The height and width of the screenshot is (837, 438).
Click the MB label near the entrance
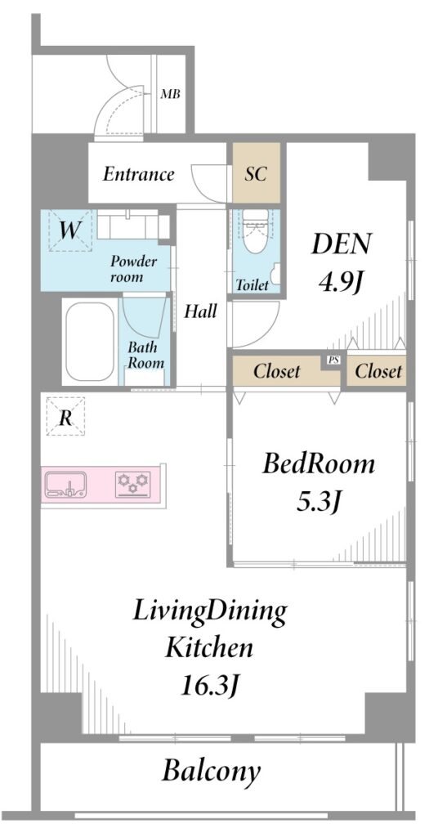[171, 95]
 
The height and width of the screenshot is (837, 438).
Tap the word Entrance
[139, 174]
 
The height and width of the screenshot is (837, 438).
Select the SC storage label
[256, 174]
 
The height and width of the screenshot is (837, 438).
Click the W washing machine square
[69, 231]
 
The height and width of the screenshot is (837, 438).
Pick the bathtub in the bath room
[90, 341]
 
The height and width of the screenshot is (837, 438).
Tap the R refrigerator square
[65, 416]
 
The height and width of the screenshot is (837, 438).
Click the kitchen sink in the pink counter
[65, 484]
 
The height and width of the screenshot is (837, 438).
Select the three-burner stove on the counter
[132, 484]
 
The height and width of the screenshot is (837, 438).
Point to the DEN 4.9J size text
[341, 262]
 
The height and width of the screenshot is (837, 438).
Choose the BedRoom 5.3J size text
[319, 481]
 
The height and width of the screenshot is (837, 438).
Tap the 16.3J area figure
[208, 684]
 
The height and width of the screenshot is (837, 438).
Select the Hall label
[200, 311]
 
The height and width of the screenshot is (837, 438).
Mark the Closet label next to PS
[277, 371]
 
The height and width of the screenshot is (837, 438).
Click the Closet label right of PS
[378, 371]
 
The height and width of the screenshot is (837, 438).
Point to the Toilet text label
[253, 285]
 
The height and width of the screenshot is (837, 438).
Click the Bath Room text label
[145, 355]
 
